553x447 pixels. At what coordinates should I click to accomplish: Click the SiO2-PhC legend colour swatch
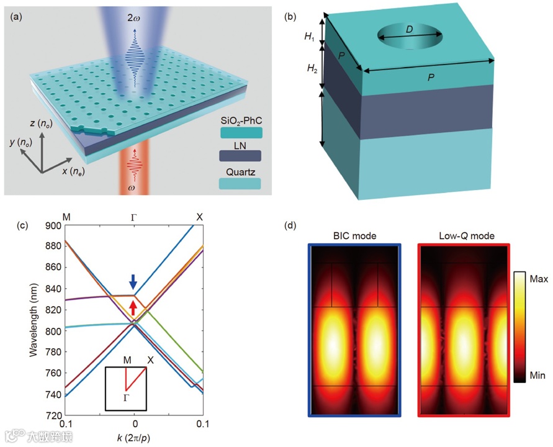coord(240,132)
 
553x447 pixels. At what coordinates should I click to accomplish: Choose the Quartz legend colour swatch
coord(240,183)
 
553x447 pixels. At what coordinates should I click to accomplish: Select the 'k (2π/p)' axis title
coord(134,437)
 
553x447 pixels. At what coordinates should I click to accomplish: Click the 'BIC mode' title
coord(354,237)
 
